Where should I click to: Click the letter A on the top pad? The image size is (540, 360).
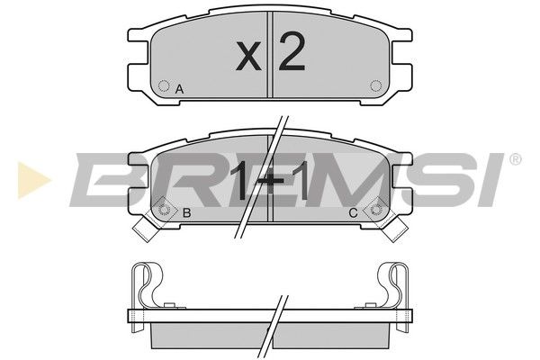179,90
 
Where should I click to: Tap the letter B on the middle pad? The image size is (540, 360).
186,213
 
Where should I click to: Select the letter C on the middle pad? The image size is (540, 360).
354,213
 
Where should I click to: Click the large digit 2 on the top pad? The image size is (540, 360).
292,51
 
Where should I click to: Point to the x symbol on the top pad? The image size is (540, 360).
248,58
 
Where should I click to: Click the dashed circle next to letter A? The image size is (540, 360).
164,85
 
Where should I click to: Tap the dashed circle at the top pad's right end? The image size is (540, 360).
375,85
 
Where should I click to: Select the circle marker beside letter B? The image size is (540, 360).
164,210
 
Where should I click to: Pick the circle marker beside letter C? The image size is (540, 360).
375,210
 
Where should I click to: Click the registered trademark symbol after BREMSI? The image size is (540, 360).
515,159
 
